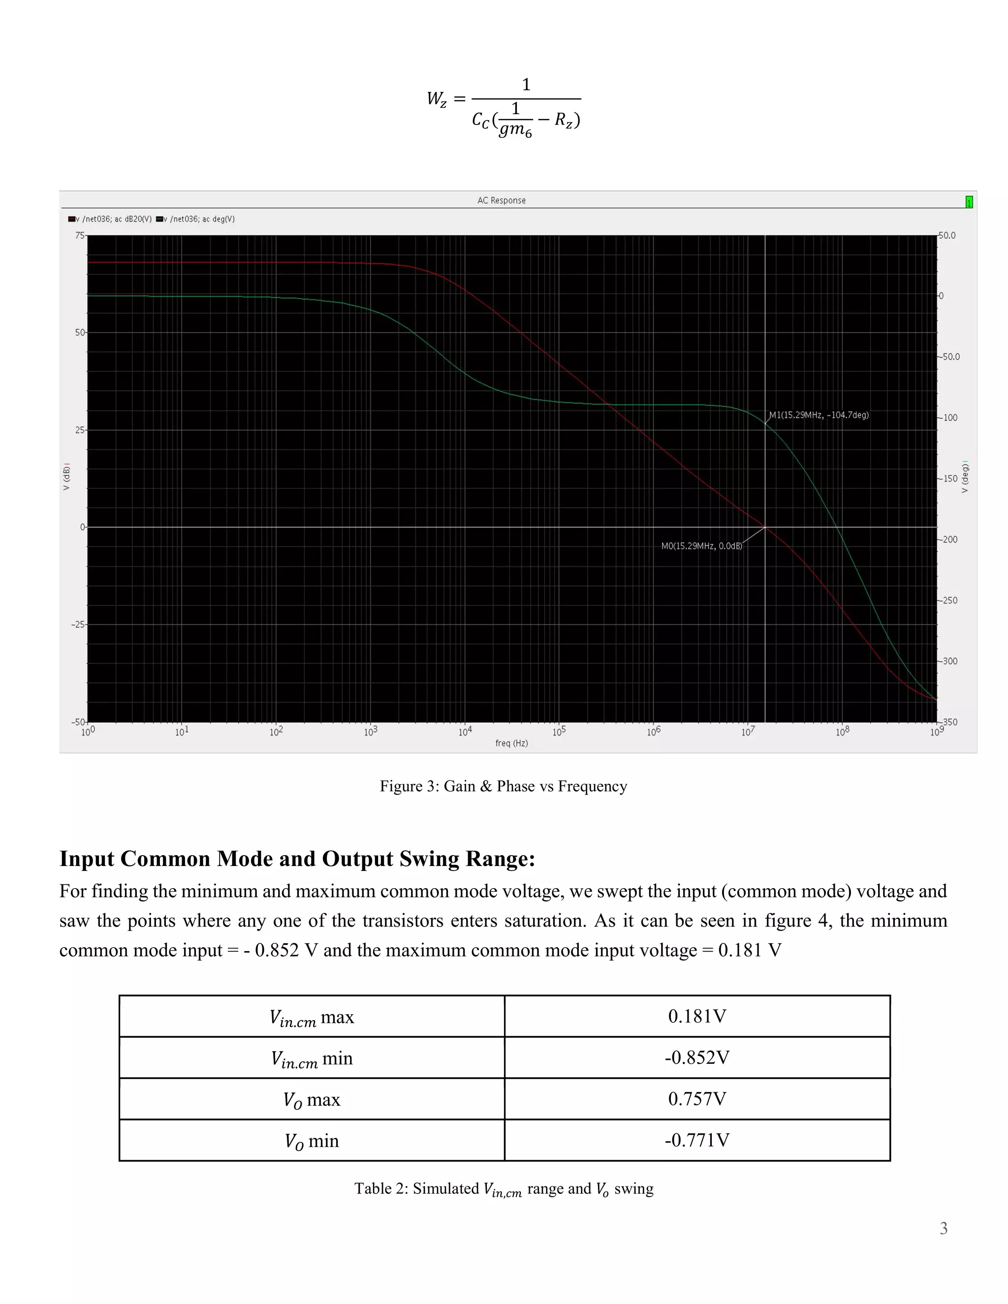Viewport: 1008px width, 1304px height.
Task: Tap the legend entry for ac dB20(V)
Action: coord(110,219)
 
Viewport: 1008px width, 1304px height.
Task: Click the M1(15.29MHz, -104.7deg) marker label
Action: coord(819,415)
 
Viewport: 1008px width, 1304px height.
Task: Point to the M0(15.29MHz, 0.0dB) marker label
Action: coord(701,546)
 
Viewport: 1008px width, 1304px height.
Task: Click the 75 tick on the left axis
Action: coord(79,236)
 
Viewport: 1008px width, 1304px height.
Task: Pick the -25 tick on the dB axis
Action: coord(78,624)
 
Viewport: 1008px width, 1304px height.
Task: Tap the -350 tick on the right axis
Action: coord(949,722)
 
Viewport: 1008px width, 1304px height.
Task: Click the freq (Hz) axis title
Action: coord(511,744)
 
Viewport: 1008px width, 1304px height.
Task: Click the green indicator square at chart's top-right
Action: coord(969,202)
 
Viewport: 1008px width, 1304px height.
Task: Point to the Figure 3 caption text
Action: coord(504,786)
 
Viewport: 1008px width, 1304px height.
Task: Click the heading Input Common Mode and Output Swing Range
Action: coord(297,859)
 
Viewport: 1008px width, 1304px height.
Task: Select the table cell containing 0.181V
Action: coord(697,1016)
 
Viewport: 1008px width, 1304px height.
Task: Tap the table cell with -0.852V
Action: coord(697,1057)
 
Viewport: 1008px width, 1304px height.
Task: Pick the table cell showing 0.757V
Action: coord(697,1099)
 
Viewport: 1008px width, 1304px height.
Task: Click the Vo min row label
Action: coord(311,1141)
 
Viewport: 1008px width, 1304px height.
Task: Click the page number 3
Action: coord(944,1228)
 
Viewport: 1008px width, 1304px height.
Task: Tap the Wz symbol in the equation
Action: coord(437,99)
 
